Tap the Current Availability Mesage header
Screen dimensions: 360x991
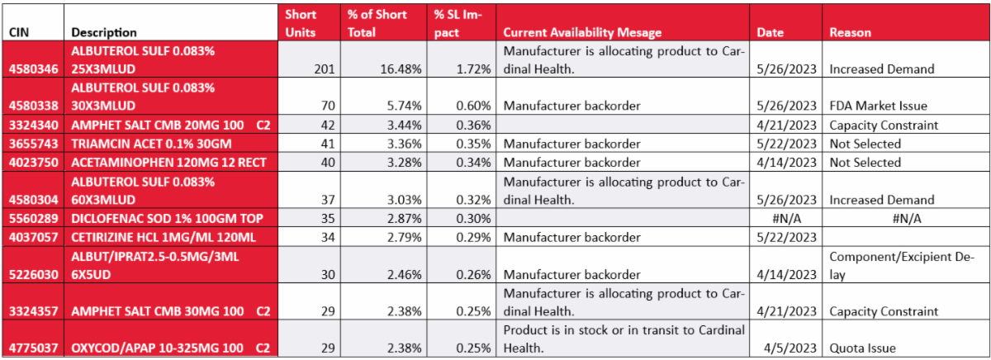582,32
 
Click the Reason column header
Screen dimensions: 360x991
854,32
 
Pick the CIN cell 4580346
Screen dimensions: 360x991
34,69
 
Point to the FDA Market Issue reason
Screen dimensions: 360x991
880,106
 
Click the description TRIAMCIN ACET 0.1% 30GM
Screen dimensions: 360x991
149,144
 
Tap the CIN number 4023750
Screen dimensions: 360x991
34,162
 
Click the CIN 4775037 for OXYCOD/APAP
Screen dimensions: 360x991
34,348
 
